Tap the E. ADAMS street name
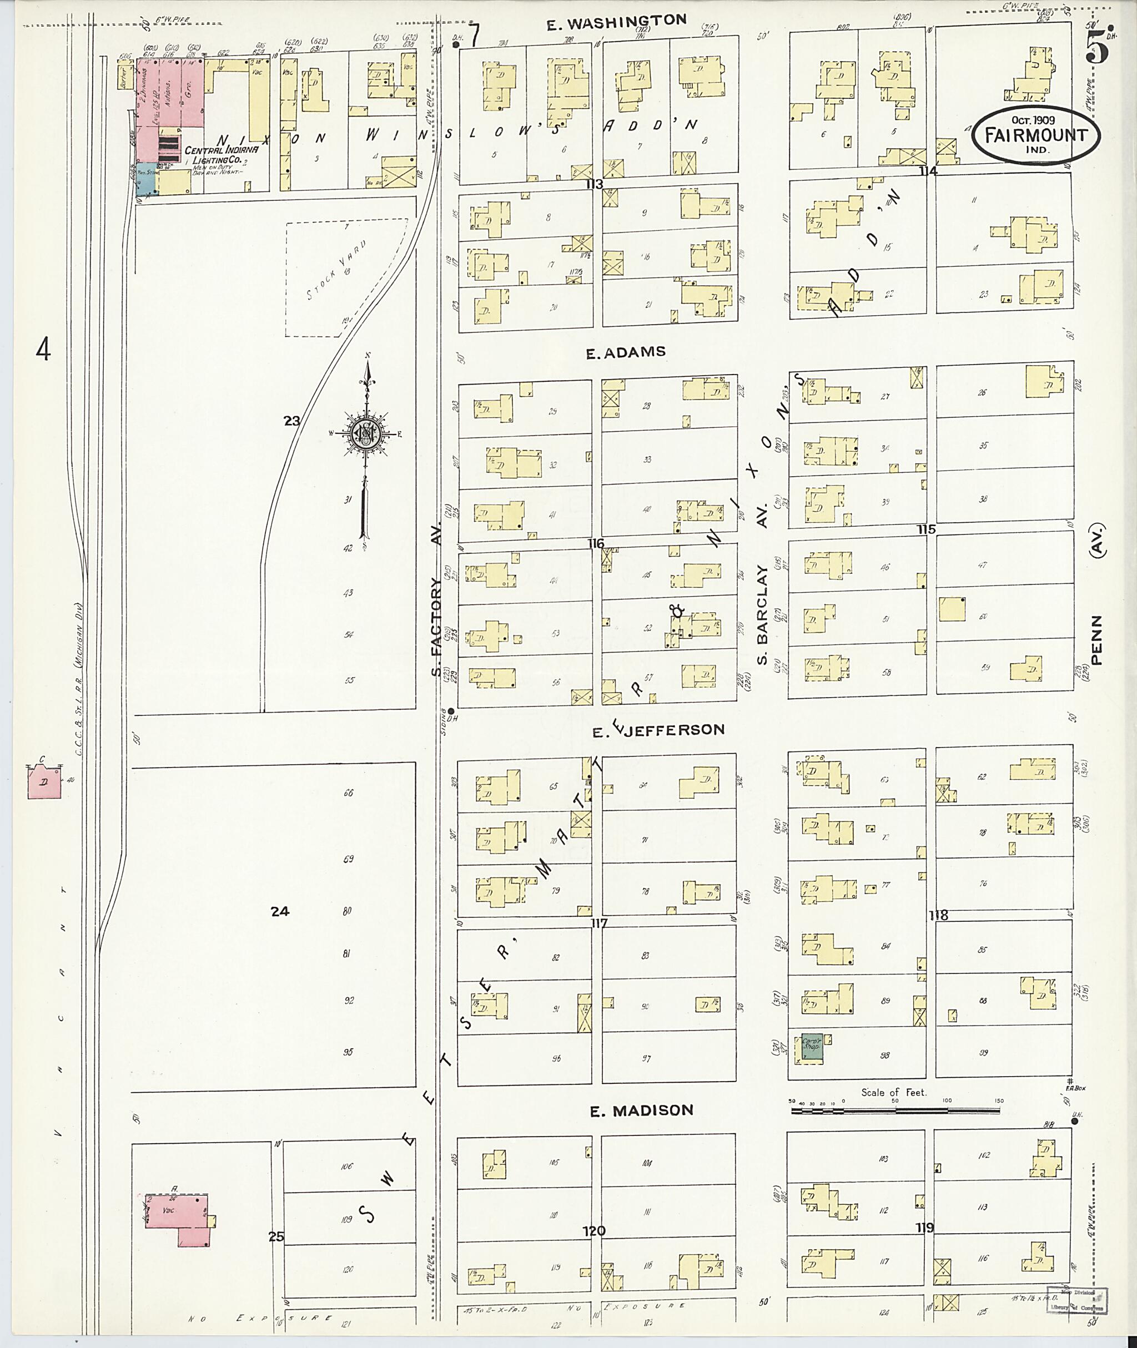click(x=625, y=352)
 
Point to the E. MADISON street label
click(x=641, y=1110)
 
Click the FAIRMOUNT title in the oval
click(x=1036, y=136)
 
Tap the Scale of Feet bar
click(x=896, y=1110)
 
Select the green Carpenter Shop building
click(x=812, y=1047)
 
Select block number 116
click(x=596, y=544)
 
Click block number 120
click(x=593, y=1231)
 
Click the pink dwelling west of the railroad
click(x=44, y=781)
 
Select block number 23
click(x=291, y=421)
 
